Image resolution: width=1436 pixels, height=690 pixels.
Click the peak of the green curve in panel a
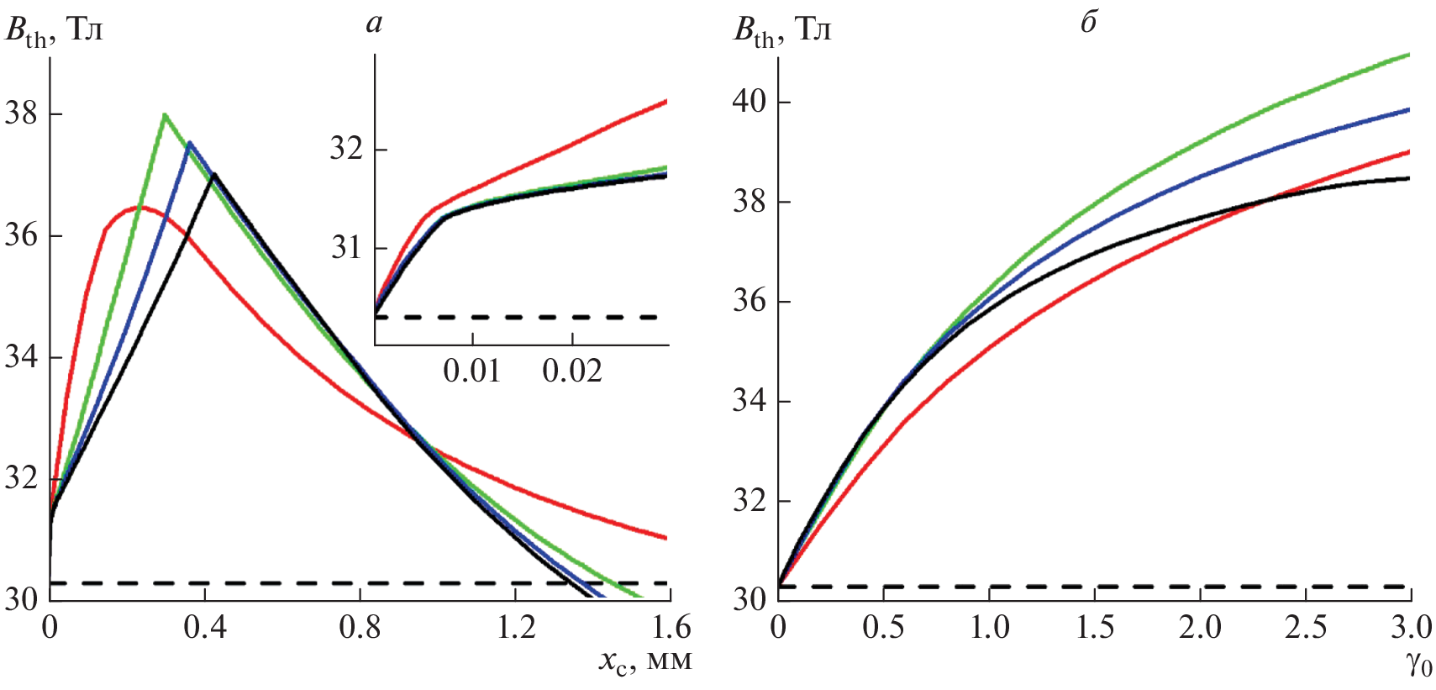[x=165, y=114]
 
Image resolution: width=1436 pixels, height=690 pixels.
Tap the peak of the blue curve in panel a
[x=190, y=142]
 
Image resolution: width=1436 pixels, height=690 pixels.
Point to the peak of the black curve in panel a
[x=214, y=174]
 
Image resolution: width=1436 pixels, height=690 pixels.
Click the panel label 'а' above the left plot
[x=374, y=24]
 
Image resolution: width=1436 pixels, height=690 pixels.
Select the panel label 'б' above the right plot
[x=1088, y=24]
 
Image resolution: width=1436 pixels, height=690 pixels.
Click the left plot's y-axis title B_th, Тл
[x=54, y=32]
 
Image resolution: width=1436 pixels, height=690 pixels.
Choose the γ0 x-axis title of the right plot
[x=1418, y=664]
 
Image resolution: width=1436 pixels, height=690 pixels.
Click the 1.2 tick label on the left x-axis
[x=515, y=628]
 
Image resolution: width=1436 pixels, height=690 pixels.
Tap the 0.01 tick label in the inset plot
[x=471, y=371]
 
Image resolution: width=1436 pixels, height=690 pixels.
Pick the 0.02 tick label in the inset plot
[x=572, y=371]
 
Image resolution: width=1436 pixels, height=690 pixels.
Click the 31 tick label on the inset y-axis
[x=346, y=248]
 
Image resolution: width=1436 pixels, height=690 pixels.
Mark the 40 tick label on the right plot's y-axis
[x=750, y=102]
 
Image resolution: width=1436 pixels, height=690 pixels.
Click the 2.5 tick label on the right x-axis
[x=1306, y=628]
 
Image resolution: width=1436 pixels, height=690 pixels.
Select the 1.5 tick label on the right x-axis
[x=1095, y=628]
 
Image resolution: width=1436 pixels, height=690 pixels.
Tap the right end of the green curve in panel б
[x=1408, y=55]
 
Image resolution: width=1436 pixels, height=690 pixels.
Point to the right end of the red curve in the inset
[x=666, y=102]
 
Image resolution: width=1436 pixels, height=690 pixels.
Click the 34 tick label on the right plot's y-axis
[x=750, y=401]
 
